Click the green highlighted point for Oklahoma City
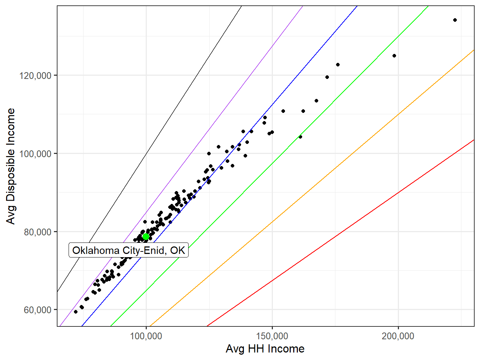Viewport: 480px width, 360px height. [146, 236]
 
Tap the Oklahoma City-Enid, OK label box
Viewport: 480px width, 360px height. [129, 250]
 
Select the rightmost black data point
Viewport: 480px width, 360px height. [455, 20]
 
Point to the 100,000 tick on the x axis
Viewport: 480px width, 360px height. [146, 336]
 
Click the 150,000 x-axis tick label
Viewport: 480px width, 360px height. [272, 336]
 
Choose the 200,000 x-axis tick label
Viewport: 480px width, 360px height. [398, 336]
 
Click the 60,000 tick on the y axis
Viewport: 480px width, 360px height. [38, 310]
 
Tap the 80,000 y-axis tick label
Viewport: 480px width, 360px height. [38, 232]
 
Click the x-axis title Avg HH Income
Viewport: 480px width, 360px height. [265, 349]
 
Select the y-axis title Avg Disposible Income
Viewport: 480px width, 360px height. [11, 166]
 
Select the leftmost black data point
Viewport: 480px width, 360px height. [76, 312]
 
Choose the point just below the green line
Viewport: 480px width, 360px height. [300, 137]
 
